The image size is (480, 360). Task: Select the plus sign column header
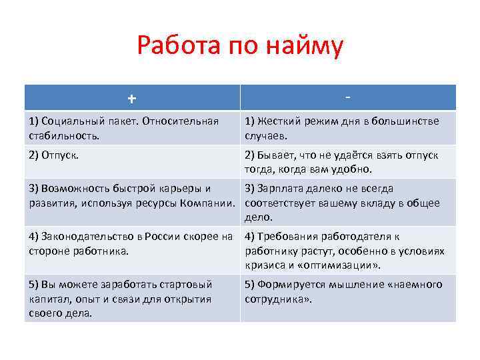(x=132, y=99)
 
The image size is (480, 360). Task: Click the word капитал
(x=48, y=299)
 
